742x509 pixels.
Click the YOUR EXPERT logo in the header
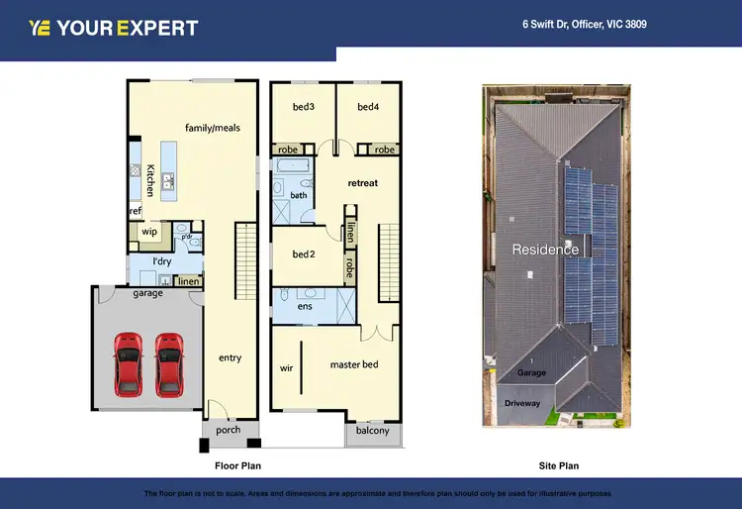114,28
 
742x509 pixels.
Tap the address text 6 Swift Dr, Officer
585,24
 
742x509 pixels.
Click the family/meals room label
212,128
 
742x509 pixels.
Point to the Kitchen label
150,180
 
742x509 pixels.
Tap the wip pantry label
150,232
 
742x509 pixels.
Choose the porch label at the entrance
229,430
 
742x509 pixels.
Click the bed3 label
303,107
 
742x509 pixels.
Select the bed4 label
368,107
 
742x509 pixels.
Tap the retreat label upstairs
362,183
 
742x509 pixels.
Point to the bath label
299,195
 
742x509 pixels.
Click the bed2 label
303,254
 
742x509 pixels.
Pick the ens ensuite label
305,307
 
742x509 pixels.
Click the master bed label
354,364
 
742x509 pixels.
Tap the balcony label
373,431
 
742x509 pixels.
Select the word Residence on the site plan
545,250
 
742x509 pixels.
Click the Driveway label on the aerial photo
521,404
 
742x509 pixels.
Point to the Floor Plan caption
237,465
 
